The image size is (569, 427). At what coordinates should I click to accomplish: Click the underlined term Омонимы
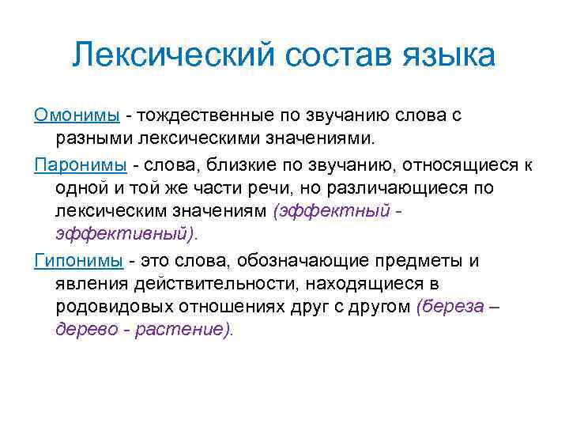pos(77,115)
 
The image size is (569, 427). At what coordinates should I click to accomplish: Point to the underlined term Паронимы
pos(80,164)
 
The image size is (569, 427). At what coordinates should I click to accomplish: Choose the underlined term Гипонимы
pos(77,261)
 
